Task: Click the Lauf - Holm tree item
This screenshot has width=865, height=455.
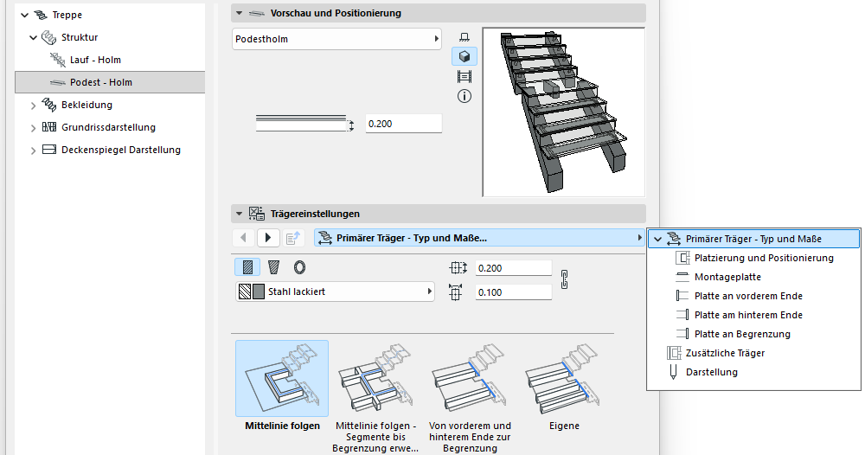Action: pos(95,60)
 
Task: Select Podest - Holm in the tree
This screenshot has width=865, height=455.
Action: pos(100,82)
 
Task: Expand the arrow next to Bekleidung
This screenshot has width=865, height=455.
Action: pos(33,106)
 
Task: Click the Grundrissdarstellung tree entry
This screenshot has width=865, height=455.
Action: pos(108,127)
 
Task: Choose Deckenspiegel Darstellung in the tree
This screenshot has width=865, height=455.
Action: pos(121,150)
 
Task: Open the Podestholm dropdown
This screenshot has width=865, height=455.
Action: pos(336,39)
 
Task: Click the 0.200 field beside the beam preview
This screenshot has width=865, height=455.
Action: pos(403,124)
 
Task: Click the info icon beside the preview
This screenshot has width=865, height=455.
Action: pos(465,97)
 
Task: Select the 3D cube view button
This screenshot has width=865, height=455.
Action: pos(465,56)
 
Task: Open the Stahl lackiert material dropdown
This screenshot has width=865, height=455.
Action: pos(335,292)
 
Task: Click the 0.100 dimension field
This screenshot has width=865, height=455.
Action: pos(513,292)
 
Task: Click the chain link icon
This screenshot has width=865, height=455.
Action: pos(564,279)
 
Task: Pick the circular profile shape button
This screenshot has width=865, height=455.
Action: pos(299,267)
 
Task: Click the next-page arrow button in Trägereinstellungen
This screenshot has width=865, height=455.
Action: pos(268,238)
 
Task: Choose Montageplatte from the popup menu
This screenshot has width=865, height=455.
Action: pos(727,277)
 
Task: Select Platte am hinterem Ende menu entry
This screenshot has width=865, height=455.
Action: pos(748,315)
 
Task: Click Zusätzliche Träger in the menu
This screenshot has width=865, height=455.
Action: pos(725,353)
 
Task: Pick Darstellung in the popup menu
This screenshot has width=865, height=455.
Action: pos(712,372)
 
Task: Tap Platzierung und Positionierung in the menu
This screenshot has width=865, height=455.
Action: pos(764,258)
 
